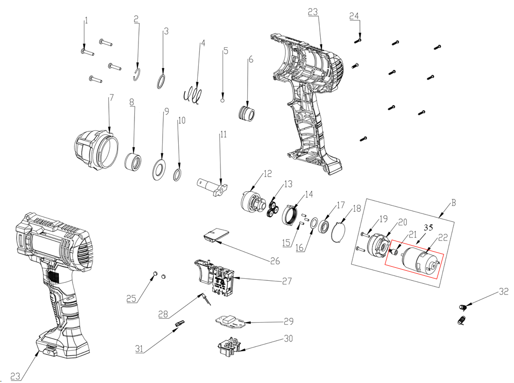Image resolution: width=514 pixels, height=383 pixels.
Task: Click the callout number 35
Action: pyautogui.click(x=428, y=227)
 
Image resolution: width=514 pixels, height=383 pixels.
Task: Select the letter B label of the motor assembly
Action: pyautogui.click(x=454, y=203)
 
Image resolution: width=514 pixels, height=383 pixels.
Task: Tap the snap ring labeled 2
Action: pyautogui.click(x=138, y=75)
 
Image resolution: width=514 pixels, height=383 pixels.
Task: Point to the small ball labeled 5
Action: pyautogui.click(x=223, y=100)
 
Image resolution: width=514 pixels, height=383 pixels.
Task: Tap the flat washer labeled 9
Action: pyautogui.click(x=159, y=169)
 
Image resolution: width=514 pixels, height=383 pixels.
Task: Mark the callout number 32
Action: pyautogui.click(x=504, y=291)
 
